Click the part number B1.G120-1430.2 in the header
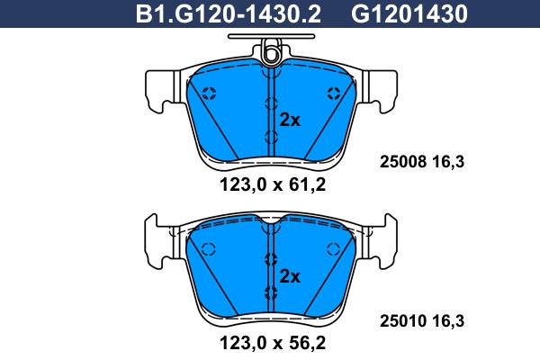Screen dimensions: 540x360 click(x=229, y=14)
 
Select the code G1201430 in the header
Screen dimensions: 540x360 click(x=409, y=14)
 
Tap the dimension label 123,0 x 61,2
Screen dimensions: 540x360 click(x=273, y=185)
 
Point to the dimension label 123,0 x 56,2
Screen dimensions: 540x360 click(x=273, y=343)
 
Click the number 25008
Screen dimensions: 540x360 click(x=403, y=162)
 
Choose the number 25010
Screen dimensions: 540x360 click(x=403, y=320)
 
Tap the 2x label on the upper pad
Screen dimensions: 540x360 click(x=290, y=121)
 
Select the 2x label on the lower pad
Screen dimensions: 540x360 click(x=290, y=276)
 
